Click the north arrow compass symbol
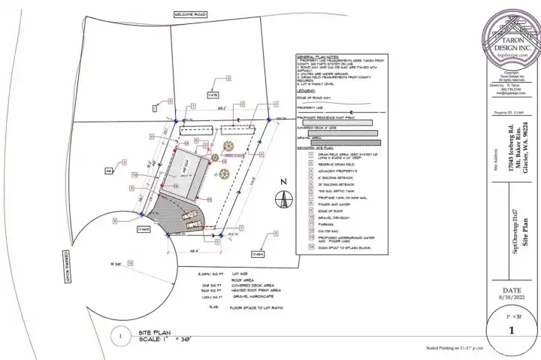pos(283,201)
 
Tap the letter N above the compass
pos(283,182)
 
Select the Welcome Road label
pos(189,14)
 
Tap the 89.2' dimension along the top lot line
pos(222,109)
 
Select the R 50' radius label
pos(116,264)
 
